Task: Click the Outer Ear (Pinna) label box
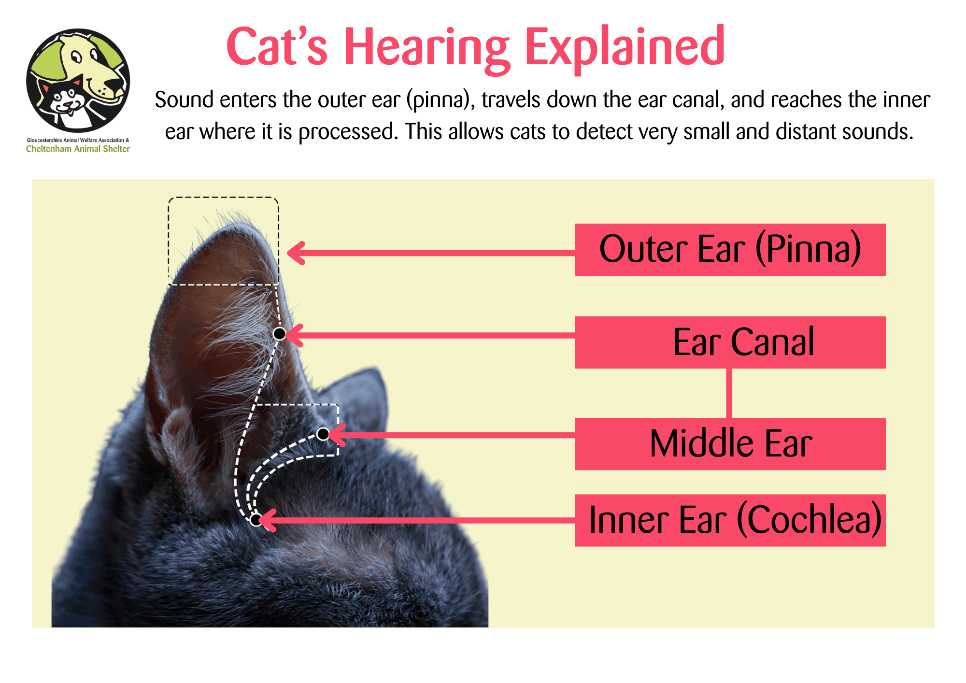730,250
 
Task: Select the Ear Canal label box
730,342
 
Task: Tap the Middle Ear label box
730,444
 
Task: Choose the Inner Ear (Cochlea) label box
730,520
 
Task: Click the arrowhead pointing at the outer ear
296,253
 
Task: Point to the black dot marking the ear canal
279,334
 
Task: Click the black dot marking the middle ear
323,434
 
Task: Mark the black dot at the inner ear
256,520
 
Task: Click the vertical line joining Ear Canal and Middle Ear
729,393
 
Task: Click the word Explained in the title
625,47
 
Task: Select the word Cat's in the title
277,46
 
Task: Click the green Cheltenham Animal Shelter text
78,149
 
